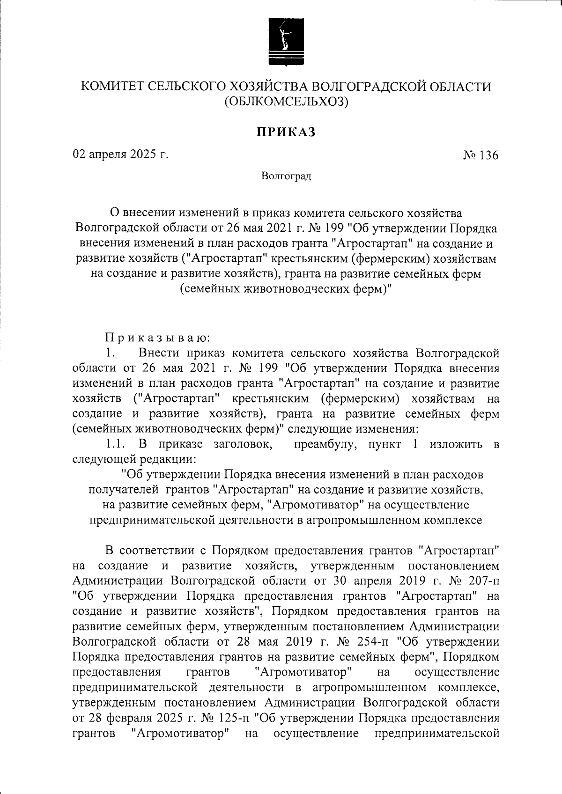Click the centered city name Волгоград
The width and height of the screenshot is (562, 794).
(286, 176)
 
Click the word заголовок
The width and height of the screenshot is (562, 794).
(243, 444)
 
